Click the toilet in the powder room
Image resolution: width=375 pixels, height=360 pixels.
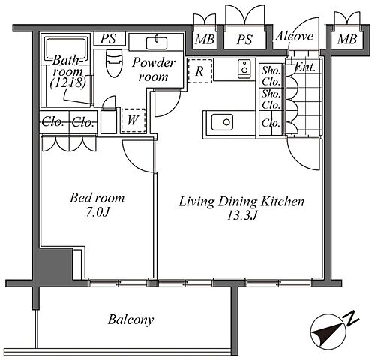114,62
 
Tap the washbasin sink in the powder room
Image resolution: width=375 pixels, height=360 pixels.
157,43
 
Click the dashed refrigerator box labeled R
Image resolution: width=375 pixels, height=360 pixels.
200,70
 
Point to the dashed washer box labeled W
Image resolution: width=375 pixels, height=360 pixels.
133,121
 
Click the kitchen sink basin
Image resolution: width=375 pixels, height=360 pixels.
222,122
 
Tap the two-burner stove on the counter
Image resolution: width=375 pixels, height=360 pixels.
244,69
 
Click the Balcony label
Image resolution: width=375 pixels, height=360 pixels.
130,319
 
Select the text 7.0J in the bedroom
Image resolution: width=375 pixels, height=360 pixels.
97,212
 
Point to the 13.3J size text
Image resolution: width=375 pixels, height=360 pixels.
241,215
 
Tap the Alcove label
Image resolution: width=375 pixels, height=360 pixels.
294,37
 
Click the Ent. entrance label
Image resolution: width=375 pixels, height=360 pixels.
305,67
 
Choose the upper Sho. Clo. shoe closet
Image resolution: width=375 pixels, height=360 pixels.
271,76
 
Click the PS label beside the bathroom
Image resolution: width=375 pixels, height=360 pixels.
109,38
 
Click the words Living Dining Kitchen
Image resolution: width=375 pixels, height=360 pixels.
241,202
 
